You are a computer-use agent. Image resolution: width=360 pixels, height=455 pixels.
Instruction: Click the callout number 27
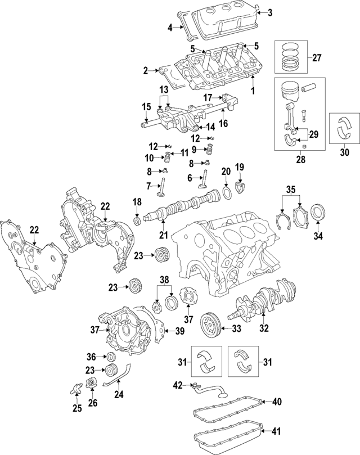(316, 57)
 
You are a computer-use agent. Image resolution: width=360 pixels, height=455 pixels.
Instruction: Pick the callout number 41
(274, 433)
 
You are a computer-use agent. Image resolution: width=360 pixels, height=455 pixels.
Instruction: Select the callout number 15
(146, 107)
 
